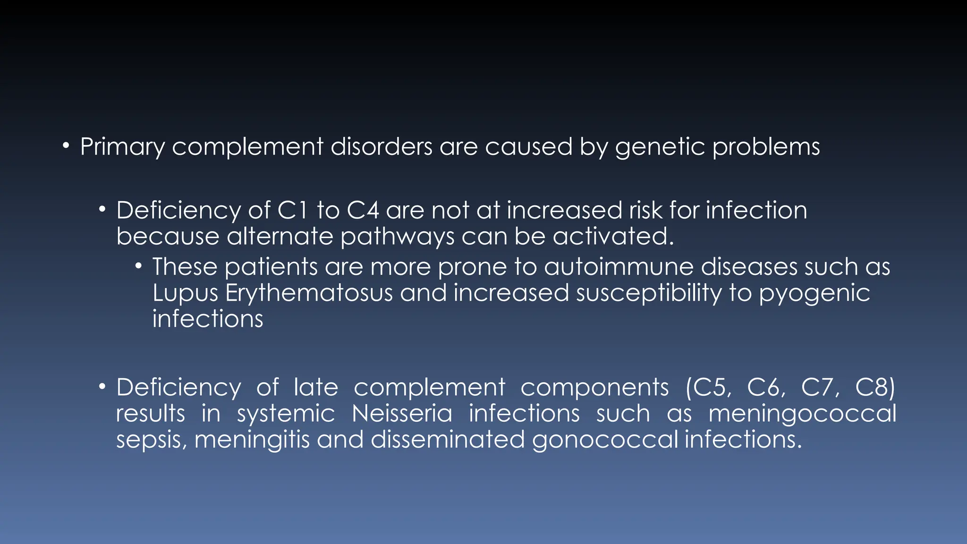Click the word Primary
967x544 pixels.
(122, 147)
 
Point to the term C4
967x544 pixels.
(363, 210)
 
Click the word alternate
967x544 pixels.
(280, 236)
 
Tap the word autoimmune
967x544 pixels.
(619, 267)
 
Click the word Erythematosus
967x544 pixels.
(309, 293)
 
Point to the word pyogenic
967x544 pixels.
(814, 293)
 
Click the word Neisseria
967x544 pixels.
(402, 414)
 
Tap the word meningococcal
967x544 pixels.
(802, 414)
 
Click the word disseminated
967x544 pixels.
(448, 440)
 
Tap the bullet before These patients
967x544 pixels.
(138, 266)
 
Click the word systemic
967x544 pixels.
(286, 414)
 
